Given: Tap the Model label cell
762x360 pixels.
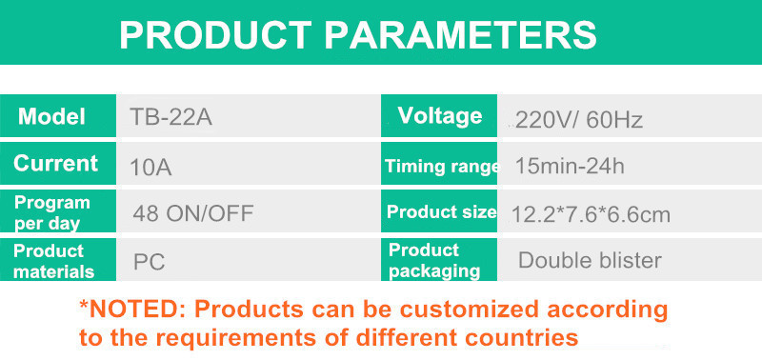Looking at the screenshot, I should (x=52, y=117).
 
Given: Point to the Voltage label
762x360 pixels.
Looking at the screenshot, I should (x=440, y=116).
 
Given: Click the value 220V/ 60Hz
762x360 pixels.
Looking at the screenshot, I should (x=579, y=120).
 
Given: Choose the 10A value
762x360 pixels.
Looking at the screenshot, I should (x=150, y=167).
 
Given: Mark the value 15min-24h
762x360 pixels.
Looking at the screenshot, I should (x=570, y=167).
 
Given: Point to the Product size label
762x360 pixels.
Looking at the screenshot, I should (x=441, y=212).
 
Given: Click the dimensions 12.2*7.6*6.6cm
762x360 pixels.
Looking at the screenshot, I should (x=591, y=214).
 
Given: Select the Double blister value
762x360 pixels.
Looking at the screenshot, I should (x=590, y=260).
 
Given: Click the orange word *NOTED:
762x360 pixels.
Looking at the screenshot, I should (x=132, y=310).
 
